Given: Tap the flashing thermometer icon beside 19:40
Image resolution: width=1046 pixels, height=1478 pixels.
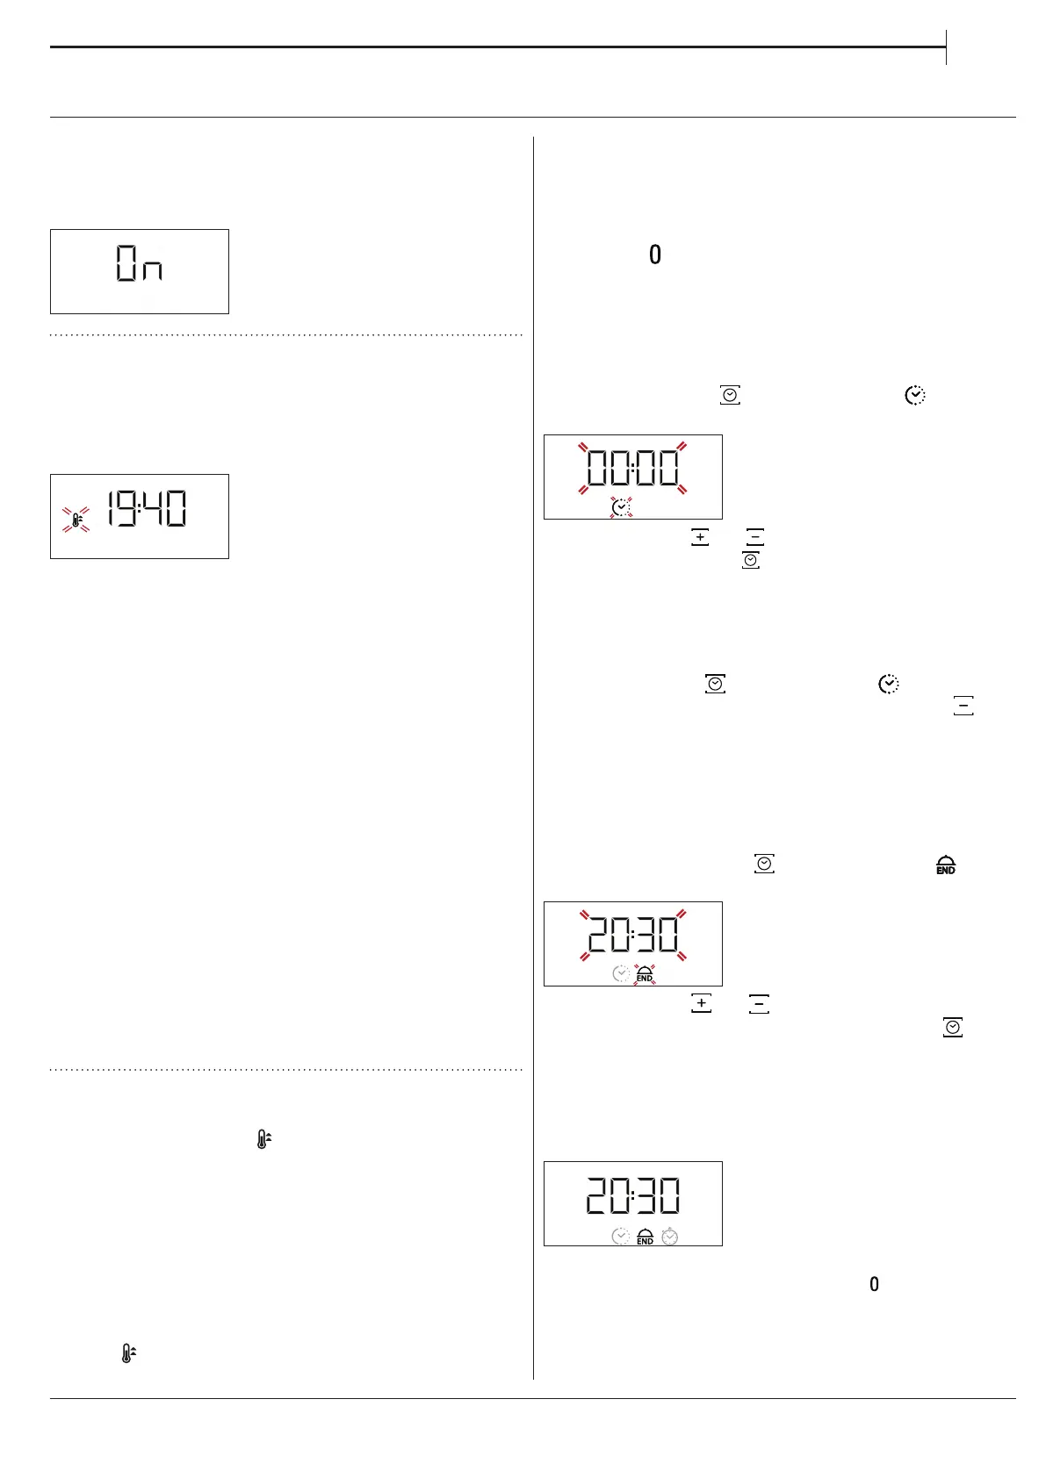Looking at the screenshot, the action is pyautogui.click(x=76, y=520).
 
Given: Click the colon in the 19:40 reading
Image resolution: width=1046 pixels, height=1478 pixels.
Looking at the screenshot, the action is pyautogui.click(x=139, y=509).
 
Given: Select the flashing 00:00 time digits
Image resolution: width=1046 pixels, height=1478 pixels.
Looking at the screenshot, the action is pyautogui.click(x=632, y=468).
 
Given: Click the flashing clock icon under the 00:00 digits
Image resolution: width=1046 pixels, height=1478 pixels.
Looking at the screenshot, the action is pyautogui.click(x=621, y=507).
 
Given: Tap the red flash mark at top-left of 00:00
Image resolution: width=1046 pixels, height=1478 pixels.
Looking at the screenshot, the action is pyautogui.click(x=582, y=447).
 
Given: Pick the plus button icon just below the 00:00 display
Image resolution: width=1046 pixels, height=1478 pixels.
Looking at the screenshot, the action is pyautogui.click(x=700, y=537).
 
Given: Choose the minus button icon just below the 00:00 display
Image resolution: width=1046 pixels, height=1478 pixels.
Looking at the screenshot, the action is pyautogui.click(x=754, y=537).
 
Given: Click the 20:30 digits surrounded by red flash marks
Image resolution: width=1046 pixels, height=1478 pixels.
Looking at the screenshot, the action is pyautogui.click(x=632, y=935).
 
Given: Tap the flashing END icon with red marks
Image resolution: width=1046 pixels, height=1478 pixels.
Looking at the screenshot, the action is pyautogui.click(x=645, y=974).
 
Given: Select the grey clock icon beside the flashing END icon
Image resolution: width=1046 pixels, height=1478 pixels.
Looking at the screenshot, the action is pyautogui.click(x=621, y=974).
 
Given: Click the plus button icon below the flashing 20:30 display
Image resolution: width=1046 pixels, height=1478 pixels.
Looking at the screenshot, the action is pyautogui.click(x=701, y=1003).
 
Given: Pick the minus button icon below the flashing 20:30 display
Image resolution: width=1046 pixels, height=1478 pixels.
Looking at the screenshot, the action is pyautogui.click(x=759, y=1004).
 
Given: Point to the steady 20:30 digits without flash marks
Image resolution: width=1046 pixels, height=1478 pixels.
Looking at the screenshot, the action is pyautogui.click(x=632, y=1195).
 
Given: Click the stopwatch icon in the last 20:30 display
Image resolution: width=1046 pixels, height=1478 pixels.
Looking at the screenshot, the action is pyautogui.click(x=670, y=1236).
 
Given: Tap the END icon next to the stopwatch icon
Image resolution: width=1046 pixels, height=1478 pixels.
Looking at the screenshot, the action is pyautogui.click(x=645, y=1236).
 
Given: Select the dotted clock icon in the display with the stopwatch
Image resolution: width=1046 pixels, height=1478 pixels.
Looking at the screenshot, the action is pyautogui.click(x=621, y=1236).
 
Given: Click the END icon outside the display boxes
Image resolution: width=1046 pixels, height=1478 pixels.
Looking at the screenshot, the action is pyautogui.click(x=946, y=865).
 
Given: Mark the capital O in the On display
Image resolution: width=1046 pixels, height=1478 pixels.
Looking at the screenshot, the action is pyautogui.click(x=127, y=263).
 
